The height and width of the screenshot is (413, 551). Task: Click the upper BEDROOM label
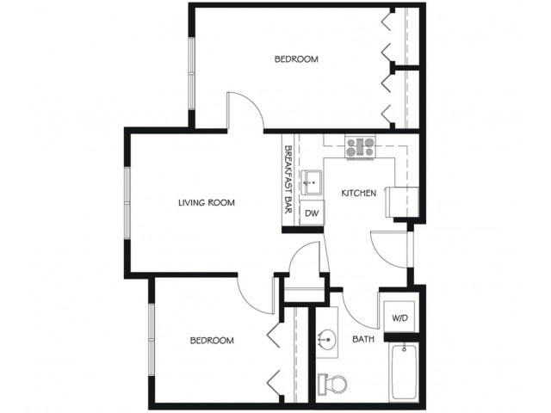click(x=296, y=59)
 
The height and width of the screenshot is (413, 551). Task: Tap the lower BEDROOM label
click(x=212, y=341)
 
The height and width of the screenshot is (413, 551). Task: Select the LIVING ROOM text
click(x=207, y=203)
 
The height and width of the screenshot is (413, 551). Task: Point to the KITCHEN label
click(x=358, y=194)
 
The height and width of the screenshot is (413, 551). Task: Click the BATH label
click(x=363, y=339)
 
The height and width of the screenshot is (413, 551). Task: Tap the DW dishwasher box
click(x=312, y=213)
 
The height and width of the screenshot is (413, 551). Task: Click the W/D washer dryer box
click(x=400, y=318)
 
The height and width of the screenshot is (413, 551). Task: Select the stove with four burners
click(x=361, y=147)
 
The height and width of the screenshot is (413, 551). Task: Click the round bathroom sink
click(x=327, y=339)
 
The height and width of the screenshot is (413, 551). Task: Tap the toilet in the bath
click(x=332, y=382)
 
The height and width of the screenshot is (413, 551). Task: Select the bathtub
click(x=405, y=373)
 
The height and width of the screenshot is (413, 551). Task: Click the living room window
click(x=127, y=202)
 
